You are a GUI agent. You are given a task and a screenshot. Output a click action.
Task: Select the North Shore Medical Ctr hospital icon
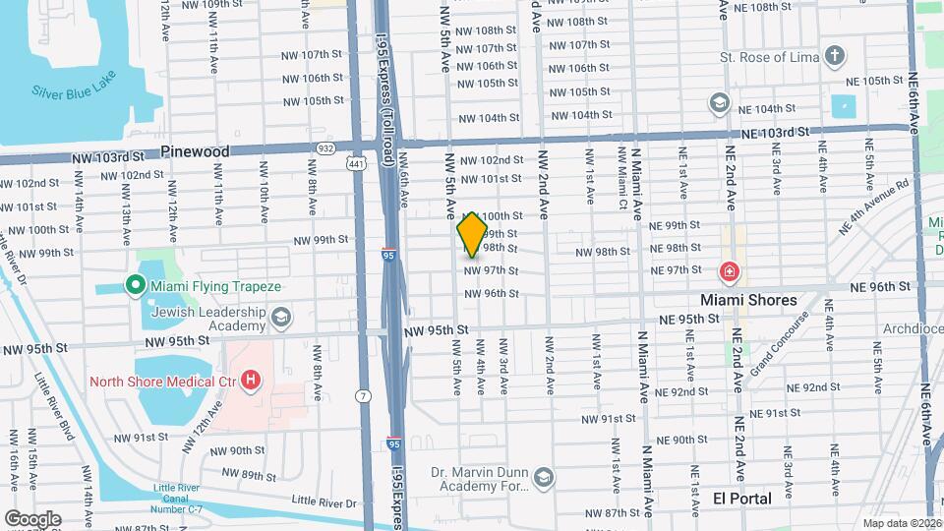(252, 380)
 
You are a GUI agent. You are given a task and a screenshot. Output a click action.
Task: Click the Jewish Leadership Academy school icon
(282, 316)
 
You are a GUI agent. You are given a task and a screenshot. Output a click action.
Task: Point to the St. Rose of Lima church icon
(835, 55)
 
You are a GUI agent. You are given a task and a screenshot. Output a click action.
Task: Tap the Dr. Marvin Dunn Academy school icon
(544, 478)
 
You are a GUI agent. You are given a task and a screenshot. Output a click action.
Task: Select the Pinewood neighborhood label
(195, 151)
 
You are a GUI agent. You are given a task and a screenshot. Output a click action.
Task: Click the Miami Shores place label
(748, 299)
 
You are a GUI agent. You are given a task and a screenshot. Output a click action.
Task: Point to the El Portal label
(742, 499)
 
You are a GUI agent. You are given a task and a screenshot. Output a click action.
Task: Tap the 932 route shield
(324, 148)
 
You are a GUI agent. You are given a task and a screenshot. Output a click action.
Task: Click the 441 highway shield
(356, 163)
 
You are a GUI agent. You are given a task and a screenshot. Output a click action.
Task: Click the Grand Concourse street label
(782, 344)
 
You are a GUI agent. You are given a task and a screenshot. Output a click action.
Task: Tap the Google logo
(32, 518)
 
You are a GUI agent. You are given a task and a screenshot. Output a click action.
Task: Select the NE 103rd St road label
(775, 133)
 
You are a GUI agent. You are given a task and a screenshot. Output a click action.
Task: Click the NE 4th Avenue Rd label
(873, 206)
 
